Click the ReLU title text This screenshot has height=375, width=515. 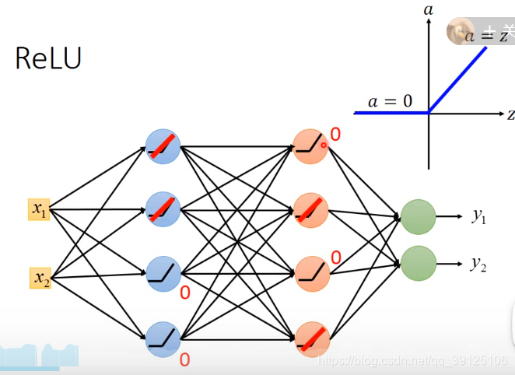[48, 58]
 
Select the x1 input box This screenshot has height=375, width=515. [40, 209]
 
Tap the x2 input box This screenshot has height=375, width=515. [41, 278]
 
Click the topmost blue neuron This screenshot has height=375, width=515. [163, 145]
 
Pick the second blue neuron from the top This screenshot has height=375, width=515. [163, 209]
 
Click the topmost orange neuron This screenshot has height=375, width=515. [311, 145]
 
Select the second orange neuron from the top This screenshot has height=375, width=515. [311, 209]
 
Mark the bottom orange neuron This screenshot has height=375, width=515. [311, 338]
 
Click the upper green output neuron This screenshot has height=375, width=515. [418, 217]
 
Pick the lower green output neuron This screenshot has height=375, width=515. [418, 263]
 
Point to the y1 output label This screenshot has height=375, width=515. [479, 216]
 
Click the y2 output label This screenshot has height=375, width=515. [479, 264]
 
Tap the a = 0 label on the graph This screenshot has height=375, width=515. [390, 101]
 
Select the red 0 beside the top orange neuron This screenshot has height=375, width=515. [335, 135]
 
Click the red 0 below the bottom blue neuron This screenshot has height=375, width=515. [185, 359]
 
